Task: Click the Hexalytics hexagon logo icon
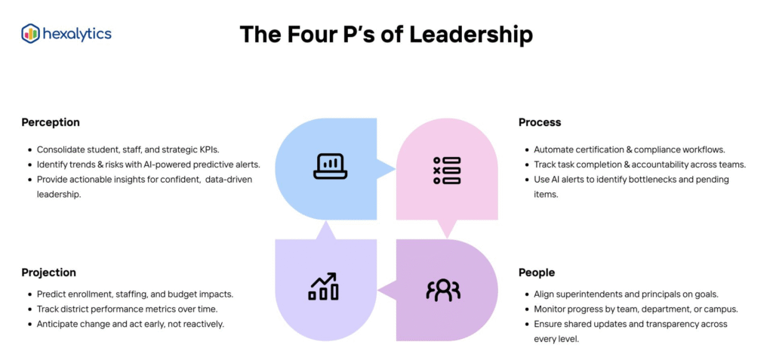(x=31, y=33)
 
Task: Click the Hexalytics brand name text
(x=77, y=33)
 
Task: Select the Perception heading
(x=51, y=122)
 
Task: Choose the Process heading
(x=540, y=122)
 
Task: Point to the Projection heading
(x=49, y=272)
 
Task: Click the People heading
(x=537, y=272)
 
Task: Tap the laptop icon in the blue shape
(x=330, y=166)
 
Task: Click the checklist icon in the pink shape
(x=446, y=171)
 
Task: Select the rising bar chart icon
(x=324, y=288)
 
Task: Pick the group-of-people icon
(x=443, y=291)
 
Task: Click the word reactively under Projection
(x=202, y=324)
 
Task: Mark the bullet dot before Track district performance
(x=29, y=309)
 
